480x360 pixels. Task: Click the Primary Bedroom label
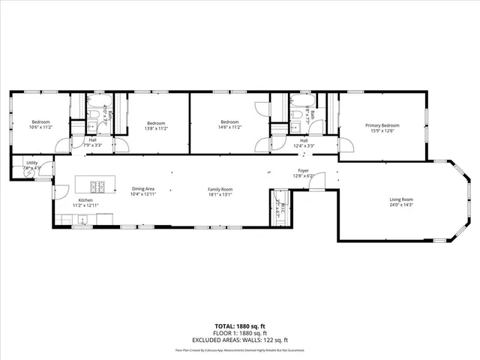tap(382, 125)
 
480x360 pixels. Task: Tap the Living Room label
tap(401, 199)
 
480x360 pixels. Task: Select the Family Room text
tap(220, 189)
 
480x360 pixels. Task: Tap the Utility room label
tap(32, 163)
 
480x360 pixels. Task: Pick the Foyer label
tap(303, 171)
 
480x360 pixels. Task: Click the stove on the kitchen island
tap(98, 187)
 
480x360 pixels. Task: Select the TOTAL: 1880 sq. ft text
tap(239, 325)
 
